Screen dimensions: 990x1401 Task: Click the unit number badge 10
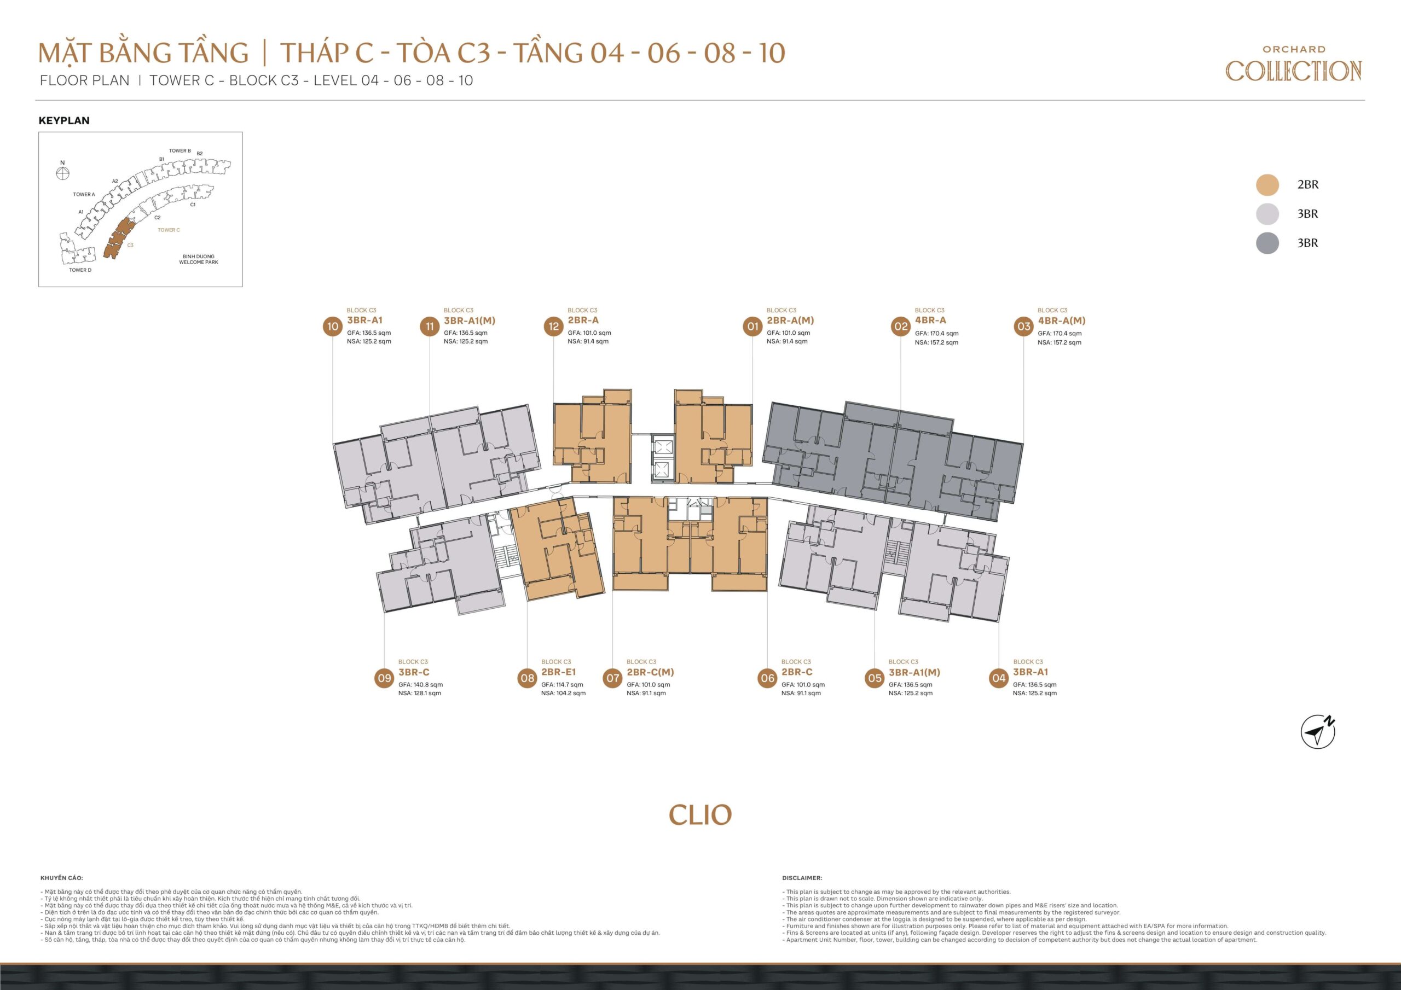coord(333,327)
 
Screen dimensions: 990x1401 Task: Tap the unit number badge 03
coord(1023,327)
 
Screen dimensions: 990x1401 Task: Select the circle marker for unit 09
coord(384,678)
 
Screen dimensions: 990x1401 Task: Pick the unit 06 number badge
coord(767,678)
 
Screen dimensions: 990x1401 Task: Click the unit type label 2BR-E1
coord(558,672)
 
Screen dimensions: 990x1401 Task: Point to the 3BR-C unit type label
coord(414,672)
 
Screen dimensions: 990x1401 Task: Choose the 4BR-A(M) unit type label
coord(1061,320)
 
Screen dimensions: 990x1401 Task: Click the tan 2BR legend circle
coord(1267,185)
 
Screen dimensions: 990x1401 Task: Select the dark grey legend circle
coord(1267,243)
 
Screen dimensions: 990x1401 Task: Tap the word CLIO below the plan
coord(700,815)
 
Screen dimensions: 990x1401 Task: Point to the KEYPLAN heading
coord(64,121)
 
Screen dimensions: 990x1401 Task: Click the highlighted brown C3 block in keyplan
coord(118,238)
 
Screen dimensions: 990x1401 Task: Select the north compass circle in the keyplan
coord(63,173)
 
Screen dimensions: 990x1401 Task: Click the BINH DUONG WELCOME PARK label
coord(198,259)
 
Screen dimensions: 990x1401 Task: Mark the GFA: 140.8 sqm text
coord(420,685)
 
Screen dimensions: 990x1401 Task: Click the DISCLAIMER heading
coord(802,878)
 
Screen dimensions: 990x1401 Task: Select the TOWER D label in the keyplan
coord(80,270)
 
